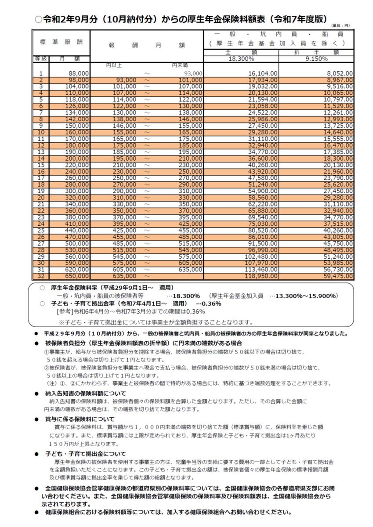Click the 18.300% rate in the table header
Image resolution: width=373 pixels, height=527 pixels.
tap(241, 58)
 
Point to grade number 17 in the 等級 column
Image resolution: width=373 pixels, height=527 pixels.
tap(41, 178)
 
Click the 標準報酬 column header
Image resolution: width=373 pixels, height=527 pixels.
tap(61, 42)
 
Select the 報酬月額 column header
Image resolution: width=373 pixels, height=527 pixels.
tap(147, 45)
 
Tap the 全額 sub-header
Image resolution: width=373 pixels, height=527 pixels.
tap(241, 52)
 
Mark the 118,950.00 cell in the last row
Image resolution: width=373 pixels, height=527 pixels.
tap(262, 277)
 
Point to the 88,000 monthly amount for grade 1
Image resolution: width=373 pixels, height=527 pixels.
tap(79, 74)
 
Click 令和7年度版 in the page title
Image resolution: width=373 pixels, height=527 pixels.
tap(299, 19)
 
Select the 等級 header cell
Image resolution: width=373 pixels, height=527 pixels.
tap(40, 58)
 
